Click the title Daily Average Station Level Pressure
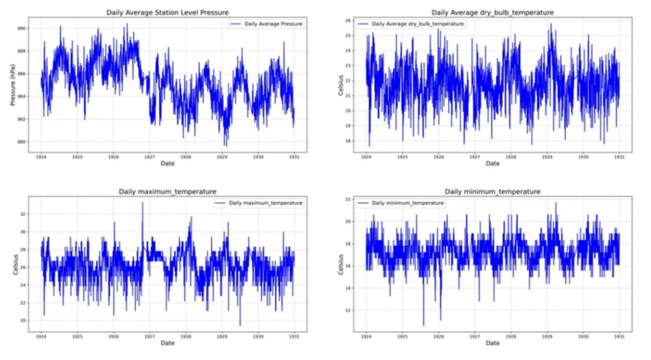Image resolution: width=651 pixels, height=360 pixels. (x=167, y=13)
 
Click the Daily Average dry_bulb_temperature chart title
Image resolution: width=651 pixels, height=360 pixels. (x=492, y=13)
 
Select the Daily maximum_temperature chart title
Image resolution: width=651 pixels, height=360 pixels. (x=167, y=192)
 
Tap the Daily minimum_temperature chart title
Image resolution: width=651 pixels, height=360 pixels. (x=492, y=192)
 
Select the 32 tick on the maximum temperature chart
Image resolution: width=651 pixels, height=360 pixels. (x=23, y=213)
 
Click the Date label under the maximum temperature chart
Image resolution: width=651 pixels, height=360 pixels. (x=167, y=343)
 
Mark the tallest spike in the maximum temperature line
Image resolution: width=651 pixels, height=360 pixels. (x=142, y=204)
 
